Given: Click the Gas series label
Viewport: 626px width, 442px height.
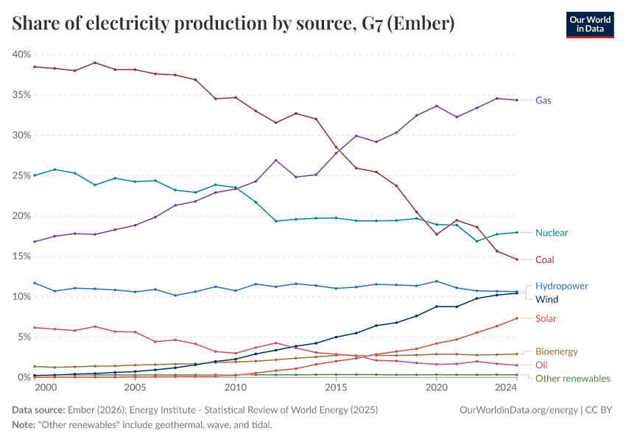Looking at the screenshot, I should click(x=544, y=100).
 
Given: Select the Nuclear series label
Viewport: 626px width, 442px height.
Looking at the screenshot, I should click(x=552, y=233).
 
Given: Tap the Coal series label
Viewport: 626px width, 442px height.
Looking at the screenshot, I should click(x=545, y=259).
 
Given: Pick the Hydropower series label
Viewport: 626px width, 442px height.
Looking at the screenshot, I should click(x=562, y=286).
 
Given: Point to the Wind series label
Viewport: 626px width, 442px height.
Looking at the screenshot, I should click(x=547, y=300).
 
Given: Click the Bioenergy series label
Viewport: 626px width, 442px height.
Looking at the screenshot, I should click(x=556, y=352).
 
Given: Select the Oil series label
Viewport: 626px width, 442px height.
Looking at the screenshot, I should click(x=541, y=365).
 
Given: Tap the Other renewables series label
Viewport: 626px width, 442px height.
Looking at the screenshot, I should click(x=572, y=379).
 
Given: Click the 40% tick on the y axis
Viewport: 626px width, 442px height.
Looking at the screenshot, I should click(x=21, y=55).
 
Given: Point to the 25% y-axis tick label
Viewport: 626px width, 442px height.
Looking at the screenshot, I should click(x=21, y=176).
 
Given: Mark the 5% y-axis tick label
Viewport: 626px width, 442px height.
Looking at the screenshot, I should click(x=24, y=337).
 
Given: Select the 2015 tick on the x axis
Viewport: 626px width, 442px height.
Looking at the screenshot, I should click(x=336, y=387).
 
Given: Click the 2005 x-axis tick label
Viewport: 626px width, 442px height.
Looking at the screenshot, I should click(x=135, y=387).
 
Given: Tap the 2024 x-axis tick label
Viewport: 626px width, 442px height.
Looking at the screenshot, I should click(x=506, y=387).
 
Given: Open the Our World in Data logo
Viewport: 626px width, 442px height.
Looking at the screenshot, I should click(x=589, y=24).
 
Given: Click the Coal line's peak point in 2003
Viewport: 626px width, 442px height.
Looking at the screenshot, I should click(x=95, y=63).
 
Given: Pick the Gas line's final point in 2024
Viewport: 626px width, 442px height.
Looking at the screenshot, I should click(x=517, y=100).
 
